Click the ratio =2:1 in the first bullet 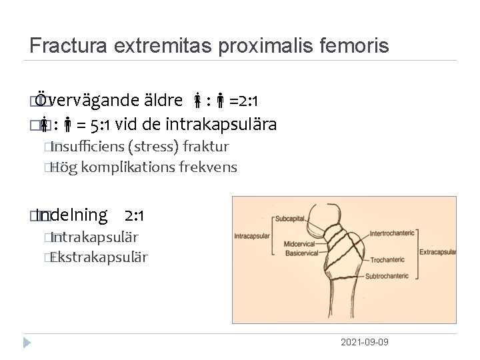tap(244, 101)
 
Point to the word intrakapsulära tap(227, 125)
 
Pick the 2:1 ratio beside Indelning tap(135, 215)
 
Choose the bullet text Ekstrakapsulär tap(99, 257)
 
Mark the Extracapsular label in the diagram tap(440, 253)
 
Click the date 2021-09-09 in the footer tap(365, 342)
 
